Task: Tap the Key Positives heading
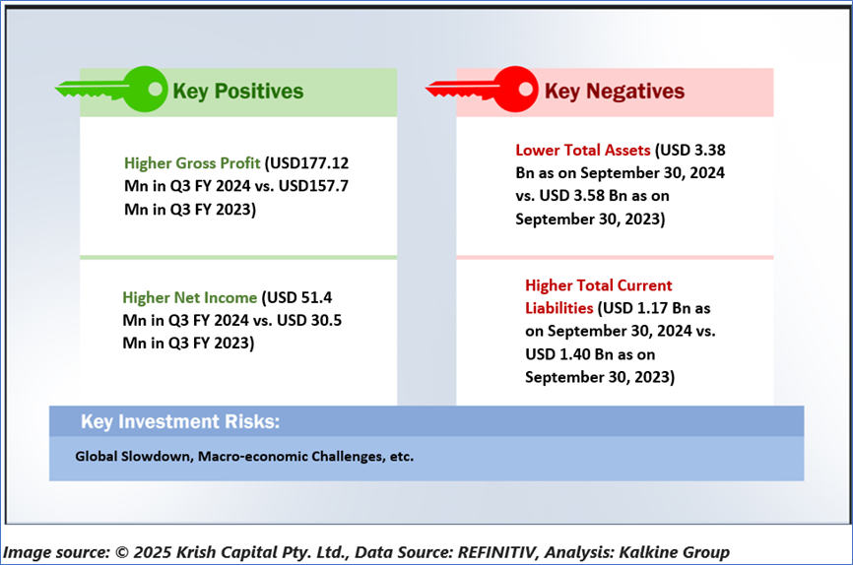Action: (x=237, y=92)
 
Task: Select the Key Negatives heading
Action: (x=615, y=92)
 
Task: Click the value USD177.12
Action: (x=309, y=163)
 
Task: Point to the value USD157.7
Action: (x=313, y=186)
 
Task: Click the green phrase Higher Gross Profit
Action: (x=192, y=163)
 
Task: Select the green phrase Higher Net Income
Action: (x=189, y=297)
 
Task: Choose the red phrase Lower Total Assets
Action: (x=583, y=150)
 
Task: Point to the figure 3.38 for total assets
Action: (x=709, y=150)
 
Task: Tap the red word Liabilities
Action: (x=558, y=308)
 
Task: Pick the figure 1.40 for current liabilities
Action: (x=575, y=354)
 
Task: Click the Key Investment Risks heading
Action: (x=180, y=421)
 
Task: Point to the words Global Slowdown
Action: (x=134, y=457)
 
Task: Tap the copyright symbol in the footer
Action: (x=122, y=552)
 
